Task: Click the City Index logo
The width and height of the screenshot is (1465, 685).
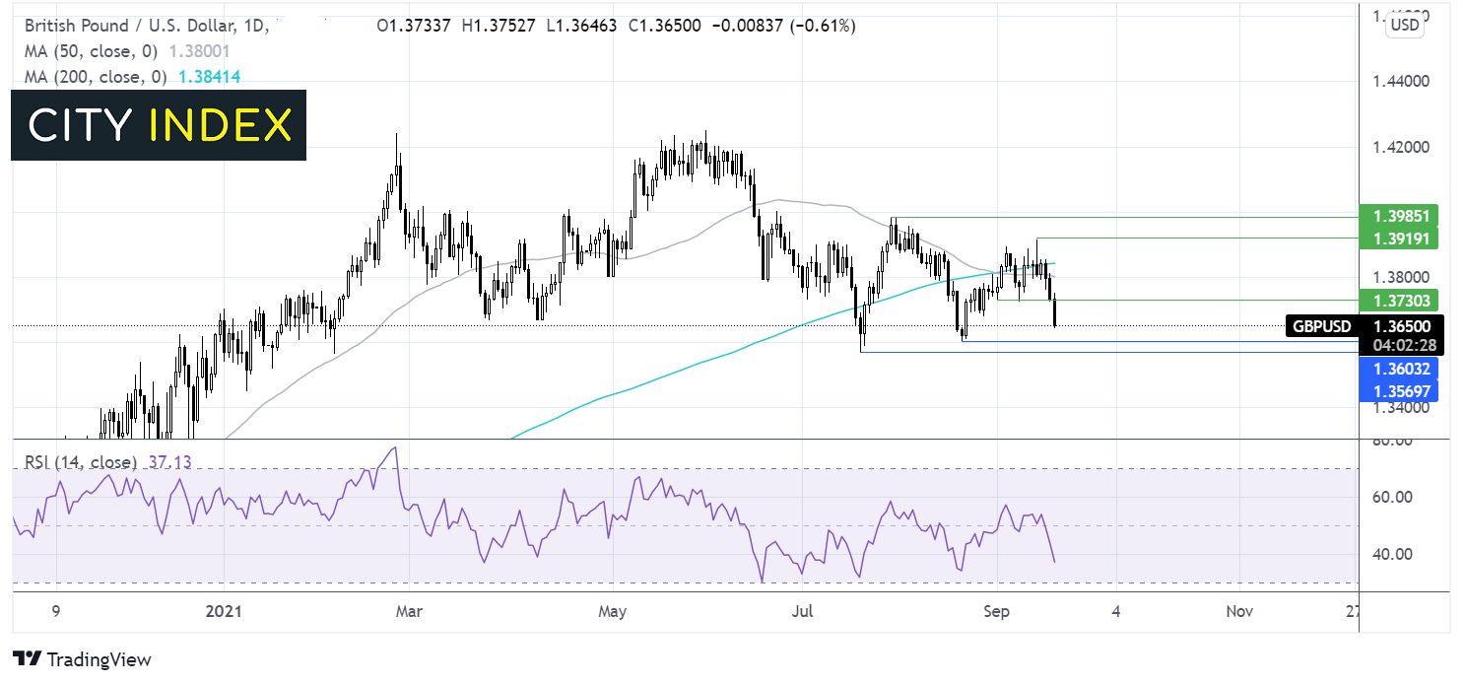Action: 159,125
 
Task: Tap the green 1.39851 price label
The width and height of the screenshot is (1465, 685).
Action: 1397,217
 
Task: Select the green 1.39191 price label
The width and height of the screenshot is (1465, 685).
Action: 1397,239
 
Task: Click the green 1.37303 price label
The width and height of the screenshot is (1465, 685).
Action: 1397,300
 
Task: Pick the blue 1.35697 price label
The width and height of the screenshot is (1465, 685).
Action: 1397,391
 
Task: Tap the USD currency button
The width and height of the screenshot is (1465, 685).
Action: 1405,26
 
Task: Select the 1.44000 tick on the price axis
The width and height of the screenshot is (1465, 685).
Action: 1399,81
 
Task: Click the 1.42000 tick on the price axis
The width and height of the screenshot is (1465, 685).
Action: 1399,147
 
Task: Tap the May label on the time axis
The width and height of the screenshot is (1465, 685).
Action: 613,611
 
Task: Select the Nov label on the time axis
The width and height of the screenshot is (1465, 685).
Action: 1239,611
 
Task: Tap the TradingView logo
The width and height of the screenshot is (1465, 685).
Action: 83,659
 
